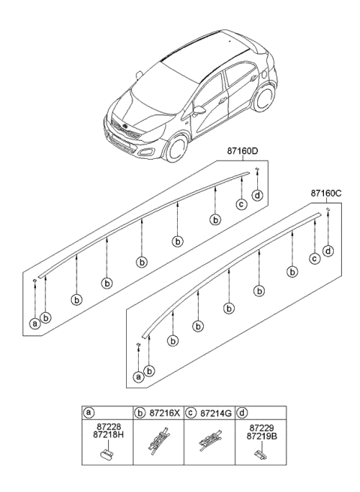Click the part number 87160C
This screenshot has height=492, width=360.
[327, 193]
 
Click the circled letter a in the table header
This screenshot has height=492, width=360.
[88, 412]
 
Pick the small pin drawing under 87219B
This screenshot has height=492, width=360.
[260, 452]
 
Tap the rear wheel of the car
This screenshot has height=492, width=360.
[265, 102]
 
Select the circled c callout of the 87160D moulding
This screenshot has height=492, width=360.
[241, 205]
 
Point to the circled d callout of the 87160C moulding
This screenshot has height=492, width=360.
[328, 250]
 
